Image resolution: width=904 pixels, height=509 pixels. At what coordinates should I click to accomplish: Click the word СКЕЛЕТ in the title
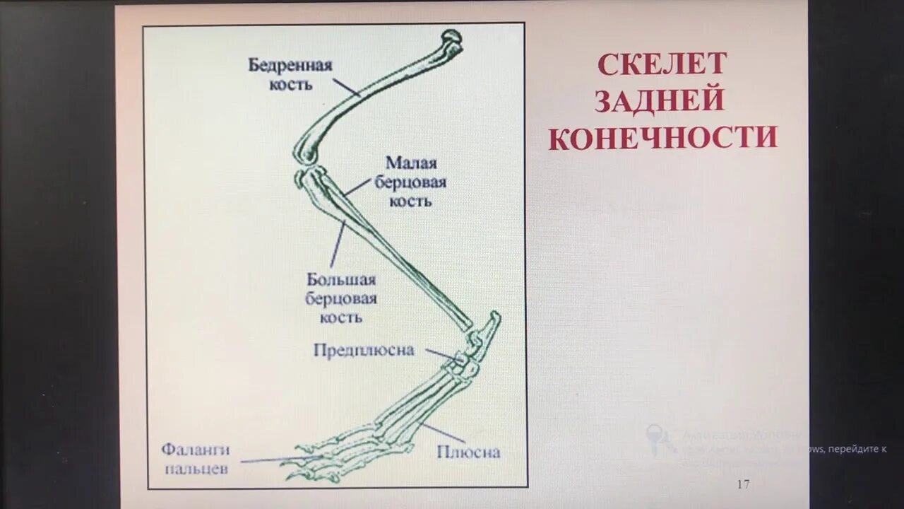pos(662,64)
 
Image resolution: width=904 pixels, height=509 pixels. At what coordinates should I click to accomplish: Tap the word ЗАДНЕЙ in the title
pos(660,100)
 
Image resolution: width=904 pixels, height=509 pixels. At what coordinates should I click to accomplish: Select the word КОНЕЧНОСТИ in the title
pos(663,138)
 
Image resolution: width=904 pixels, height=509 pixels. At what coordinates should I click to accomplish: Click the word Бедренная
pos(290,66)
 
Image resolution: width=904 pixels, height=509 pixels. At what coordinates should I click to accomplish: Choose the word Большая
pos(341,281)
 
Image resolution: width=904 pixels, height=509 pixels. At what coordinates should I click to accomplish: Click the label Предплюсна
pos(364,351)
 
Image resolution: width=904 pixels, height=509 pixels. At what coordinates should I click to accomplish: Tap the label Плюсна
pos(468,452)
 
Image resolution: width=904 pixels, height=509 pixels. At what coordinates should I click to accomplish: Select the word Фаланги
pos(196,450)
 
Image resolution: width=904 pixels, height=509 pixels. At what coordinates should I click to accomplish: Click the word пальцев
pos(196,468)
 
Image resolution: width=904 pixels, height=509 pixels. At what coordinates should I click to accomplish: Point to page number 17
pos(742,484)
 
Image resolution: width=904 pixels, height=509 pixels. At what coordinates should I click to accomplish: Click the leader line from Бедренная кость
pos(346,87)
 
